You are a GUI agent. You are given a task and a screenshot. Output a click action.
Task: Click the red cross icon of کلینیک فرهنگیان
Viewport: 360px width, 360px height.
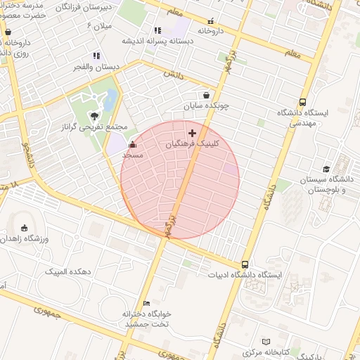(x=193, y=132)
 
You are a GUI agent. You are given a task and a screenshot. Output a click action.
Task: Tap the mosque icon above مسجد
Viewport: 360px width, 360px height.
(x=133, y=144)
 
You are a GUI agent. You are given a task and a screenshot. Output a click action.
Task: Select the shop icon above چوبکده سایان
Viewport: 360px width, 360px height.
(x=206, y=95)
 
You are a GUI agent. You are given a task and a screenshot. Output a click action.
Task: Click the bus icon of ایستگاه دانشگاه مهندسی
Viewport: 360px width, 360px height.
(x=302, y=102)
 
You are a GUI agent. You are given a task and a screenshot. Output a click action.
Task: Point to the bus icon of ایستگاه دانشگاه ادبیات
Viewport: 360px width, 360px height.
(x=245, y=264)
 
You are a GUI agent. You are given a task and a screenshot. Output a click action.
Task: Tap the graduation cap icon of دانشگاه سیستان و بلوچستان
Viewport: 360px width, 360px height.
(x=326, y=169)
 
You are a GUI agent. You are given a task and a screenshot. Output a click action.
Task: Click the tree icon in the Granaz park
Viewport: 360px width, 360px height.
(x=94, y=116)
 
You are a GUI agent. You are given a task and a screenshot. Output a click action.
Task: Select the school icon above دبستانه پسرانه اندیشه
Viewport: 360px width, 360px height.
(x=157, y=30)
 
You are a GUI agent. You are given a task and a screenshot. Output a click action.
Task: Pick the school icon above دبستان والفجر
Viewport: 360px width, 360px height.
(x=96, y=56)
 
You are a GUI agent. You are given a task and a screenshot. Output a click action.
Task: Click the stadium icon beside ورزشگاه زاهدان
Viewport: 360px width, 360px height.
(x=25, y=228)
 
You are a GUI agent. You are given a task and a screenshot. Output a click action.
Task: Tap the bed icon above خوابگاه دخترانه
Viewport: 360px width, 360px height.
(x=147, y=303)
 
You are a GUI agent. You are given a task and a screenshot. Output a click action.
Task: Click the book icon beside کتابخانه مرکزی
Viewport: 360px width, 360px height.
(x=266, y=342)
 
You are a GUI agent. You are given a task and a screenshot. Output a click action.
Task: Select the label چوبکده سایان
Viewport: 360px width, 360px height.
(x=207, y=106)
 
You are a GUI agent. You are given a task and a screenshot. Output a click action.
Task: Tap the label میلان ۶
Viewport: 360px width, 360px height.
(x=98, y=26)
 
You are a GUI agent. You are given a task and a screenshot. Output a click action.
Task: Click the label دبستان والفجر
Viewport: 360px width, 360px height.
(x=97, y=67)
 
